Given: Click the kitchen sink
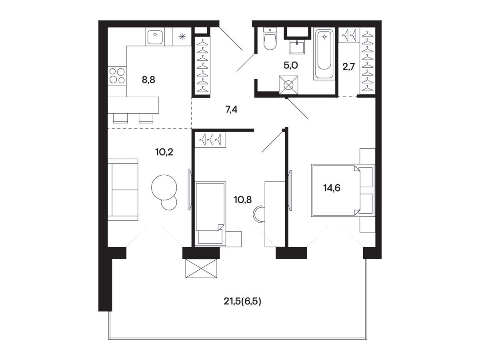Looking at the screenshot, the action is (155, 37).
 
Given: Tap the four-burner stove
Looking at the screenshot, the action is (117, 76).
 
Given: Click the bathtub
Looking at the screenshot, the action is (324, 54).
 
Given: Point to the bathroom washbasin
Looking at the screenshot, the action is (297, 47).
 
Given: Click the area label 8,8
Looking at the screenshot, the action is (148, 80).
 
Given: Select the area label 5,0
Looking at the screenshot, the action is (291, 65).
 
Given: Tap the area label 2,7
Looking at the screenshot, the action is (348, 67).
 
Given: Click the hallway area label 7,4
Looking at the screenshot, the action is (231, 109).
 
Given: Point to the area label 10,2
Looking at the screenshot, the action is (164, 152).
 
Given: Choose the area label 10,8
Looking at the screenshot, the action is (243, 200).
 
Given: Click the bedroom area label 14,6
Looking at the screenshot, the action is (332, 188).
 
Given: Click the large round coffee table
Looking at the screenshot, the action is (164, 187).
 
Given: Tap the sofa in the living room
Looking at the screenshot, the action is (123, 190).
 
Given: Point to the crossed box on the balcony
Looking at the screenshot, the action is (201, 268).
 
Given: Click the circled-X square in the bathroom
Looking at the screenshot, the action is (288, 85).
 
